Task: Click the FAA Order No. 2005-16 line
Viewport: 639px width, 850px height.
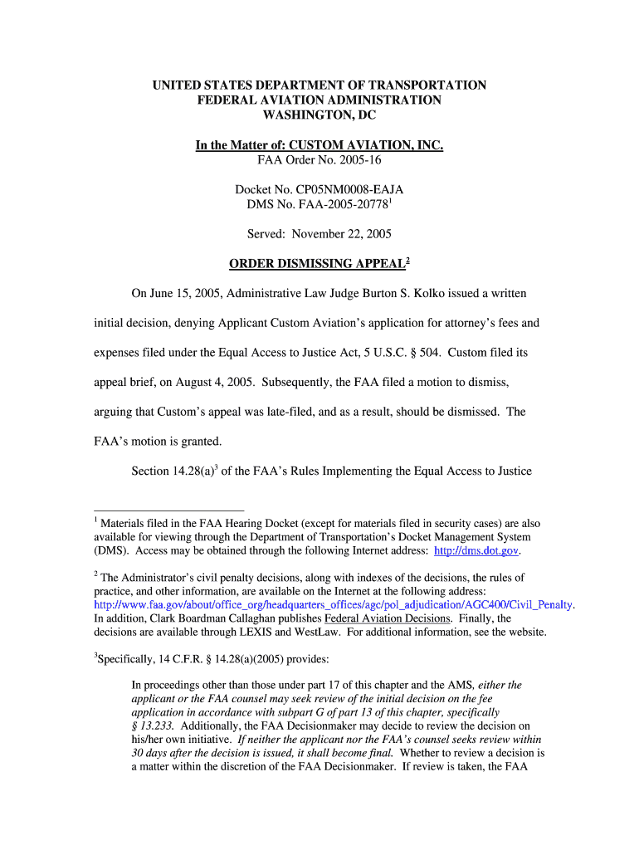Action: point(319,160)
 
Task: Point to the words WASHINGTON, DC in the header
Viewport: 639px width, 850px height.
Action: point(319,115)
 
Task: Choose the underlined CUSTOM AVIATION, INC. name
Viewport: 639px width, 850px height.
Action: point(366,146)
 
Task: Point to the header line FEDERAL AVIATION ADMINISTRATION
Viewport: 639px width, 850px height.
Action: point(319,100)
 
